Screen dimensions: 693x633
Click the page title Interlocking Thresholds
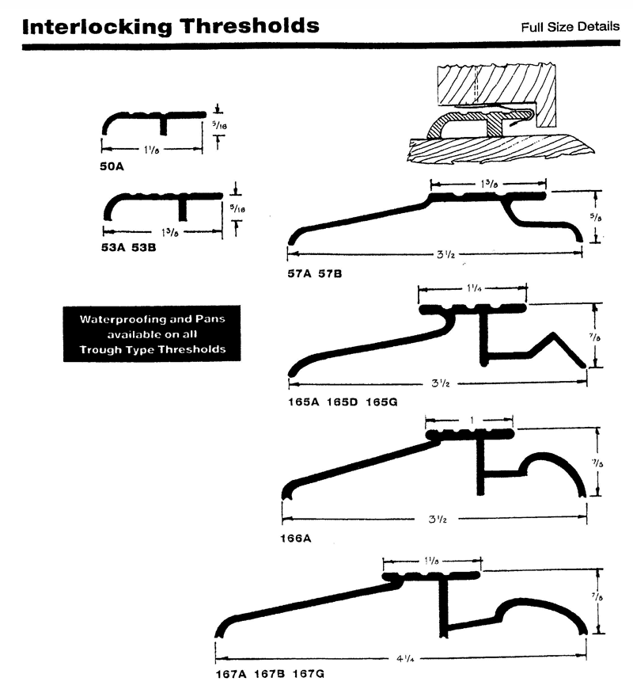171,26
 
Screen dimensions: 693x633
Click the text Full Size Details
570,27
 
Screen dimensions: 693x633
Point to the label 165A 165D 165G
342,402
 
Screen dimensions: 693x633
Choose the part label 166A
297,539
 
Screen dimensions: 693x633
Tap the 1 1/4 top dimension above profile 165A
472,290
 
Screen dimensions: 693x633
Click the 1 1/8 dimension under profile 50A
150,148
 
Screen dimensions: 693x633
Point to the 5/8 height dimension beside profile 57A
603,213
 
